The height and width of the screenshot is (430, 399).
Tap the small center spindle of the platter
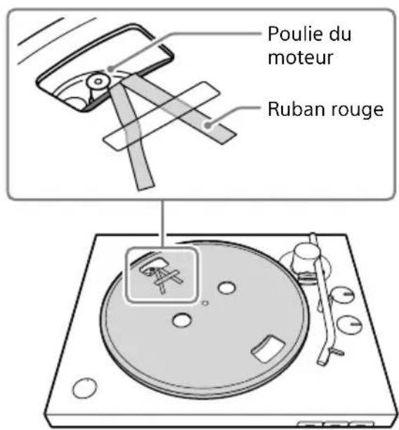(204, 304)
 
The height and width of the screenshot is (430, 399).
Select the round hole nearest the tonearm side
(226, 288)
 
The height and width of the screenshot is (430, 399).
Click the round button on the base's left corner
(83, 388)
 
